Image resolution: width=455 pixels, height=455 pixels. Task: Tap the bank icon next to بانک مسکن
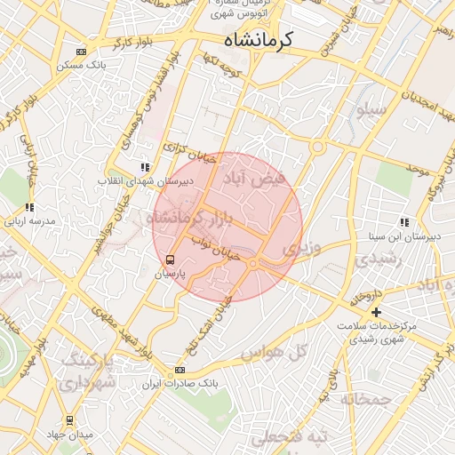tap(82, 52)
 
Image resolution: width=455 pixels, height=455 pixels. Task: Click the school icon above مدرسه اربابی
tap(29, 207)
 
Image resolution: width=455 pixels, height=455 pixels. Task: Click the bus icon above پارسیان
tap(170, 259)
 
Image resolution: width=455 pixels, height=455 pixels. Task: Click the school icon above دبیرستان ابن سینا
tap(403, 223)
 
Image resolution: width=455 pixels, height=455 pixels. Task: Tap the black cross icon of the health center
tap(377, 312)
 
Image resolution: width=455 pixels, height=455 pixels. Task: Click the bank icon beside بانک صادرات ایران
tap(180, 371)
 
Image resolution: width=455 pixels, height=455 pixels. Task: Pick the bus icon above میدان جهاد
tap(69, 420)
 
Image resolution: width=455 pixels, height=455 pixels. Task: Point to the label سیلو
tap(371, 110)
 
